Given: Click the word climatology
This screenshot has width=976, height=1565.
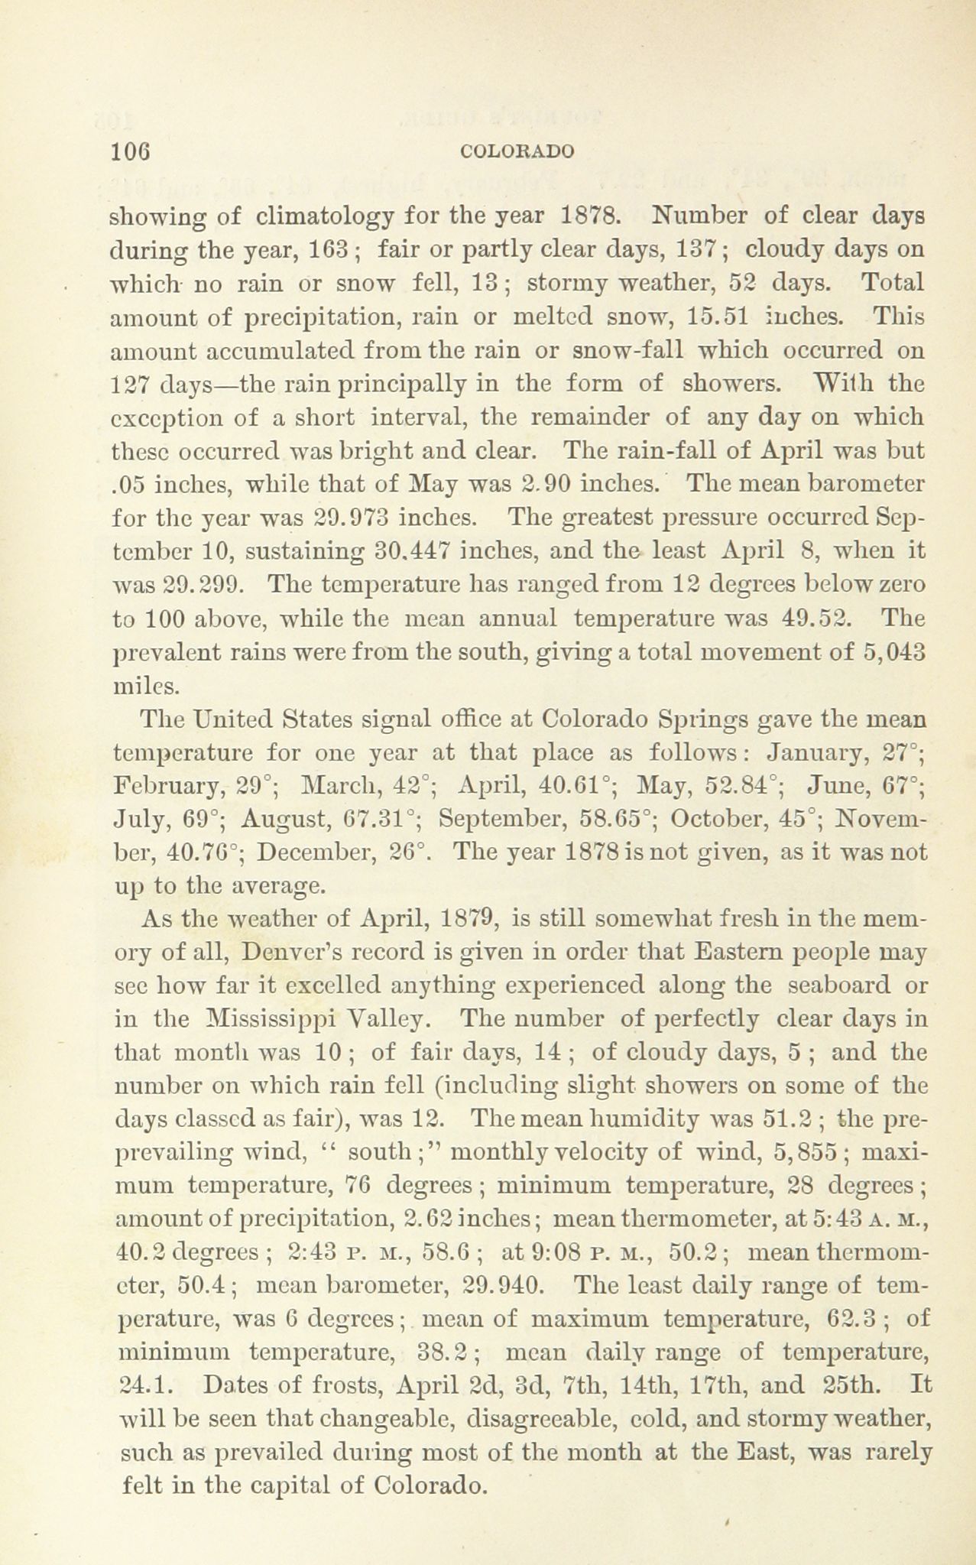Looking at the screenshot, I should click(x=325, y=216).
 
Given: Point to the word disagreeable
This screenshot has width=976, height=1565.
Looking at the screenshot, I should click(x=527, y=1419).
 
